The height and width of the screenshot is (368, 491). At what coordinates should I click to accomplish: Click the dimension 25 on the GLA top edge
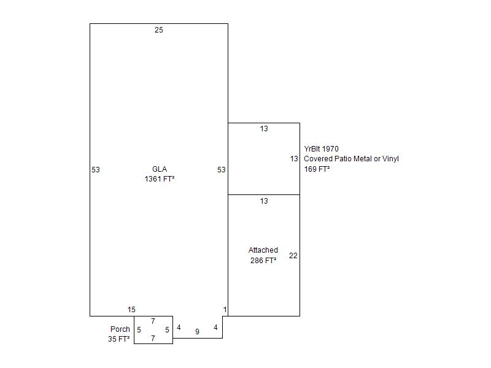pos(159,30)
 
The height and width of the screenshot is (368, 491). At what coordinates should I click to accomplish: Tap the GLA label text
pos(160,169)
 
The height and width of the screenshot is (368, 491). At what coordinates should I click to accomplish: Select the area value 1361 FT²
pos(160,179)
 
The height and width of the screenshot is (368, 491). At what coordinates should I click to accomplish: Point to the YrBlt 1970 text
pos(321,149)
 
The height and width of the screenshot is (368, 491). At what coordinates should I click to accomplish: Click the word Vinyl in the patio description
pos(390,159)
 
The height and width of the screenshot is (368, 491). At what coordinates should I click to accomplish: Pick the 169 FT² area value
pos(317,169)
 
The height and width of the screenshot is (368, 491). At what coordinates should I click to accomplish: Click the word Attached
pos(263,250)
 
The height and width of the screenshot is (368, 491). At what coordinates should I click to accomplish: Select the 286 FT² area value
pos(263,260)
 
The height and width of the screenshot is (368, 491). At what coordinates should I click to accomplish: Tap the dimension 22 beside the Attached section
pos(293,256)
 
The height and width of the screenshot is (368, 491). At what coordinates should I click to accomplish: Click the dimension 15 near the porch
pos(131,310)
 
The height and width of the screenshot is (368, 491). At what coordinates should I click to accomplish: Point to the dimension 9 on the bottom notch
pos(197,332)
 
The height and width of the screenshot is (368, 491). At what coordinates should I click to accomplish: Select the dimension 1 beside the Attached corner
pos(225,310)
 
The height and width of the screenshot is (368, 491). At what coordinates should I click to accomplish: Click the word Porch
pos(120,329)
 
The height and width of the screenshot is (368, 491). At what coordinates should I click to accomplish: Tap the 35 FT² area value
pos(118,339)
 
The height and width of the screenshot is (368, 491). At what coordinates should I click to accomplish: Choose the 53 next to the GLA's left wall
pos(96,170)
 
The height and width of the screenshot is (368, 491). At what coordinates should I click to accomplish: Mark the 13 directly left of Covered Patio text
pos(294,159)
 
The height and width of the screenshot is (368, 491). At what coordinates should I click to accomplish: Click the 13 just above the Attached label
pos(264,201)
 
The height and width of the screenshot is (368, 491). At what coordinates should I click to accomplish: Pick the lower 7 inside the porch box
pos(153,339)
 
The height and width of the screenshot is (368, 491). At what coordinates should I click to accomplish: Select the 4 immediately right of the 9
pos(215,328)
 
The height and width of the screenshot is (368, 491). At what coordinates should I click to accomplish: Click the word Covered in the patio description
pos(318,159)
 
